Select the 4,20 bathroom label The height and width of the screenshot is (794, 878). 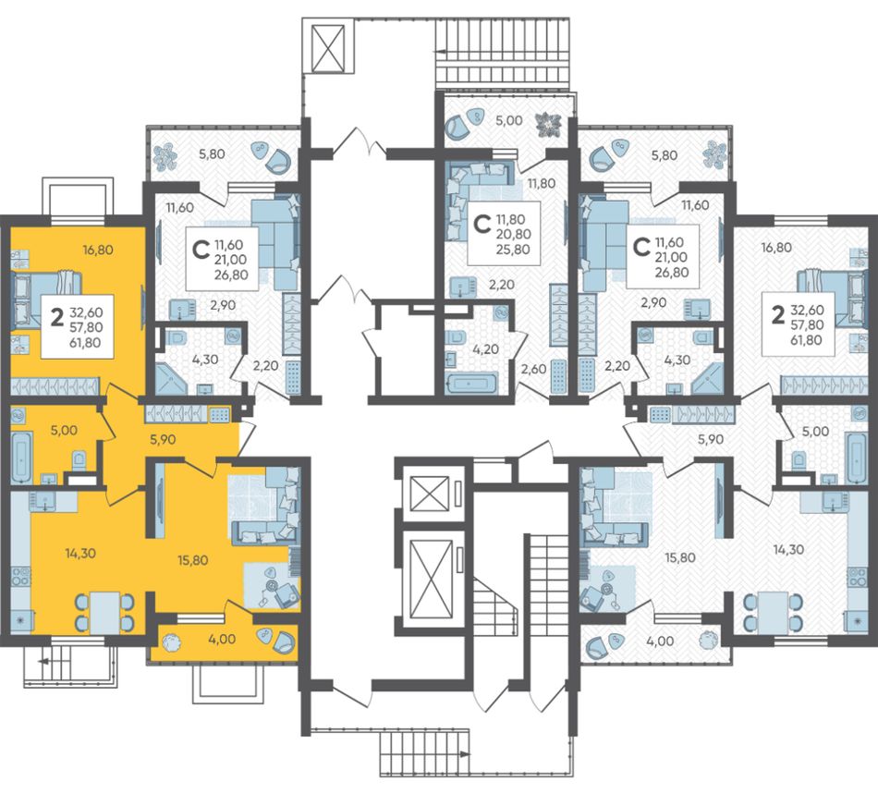(485, 350)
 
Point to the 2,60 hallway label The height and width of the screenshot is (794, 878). (533, 369)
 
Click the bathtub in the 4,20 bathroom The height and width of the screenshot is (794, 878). (471, 384)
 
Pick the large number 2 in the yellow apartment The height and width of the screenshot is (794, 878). (56, 318)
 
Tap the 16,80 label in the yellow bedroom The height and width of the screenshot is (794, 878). (97, 250)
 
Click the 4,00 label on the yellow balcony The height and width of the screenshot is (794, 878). (223, 639)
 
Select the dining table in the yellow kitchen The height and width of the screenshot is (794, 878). (104, 613)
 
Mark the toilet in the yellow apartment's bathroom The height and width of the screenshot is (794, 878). (79, 459)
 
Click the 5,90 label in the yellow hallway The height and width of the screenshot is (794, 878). (163, 440)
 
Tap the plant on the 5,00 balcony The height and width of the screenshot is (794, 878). (546, 124)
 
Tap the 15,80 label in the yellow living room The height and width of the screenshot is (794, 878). (193, 560)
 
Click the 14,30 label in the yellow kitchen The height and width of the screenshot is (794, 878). (80, 554)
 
